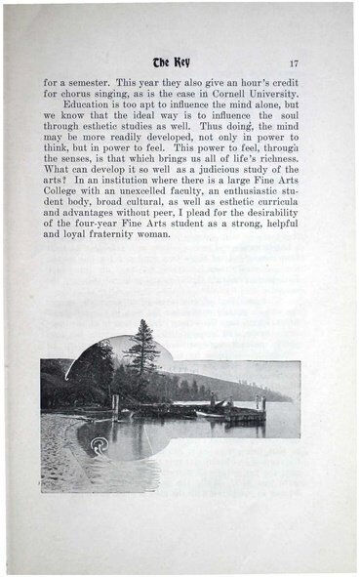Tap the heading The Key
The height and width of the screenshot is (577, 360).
(x=177, y=62)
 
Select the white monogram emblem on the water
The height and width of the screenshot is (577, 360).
(x=97, y=446)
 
